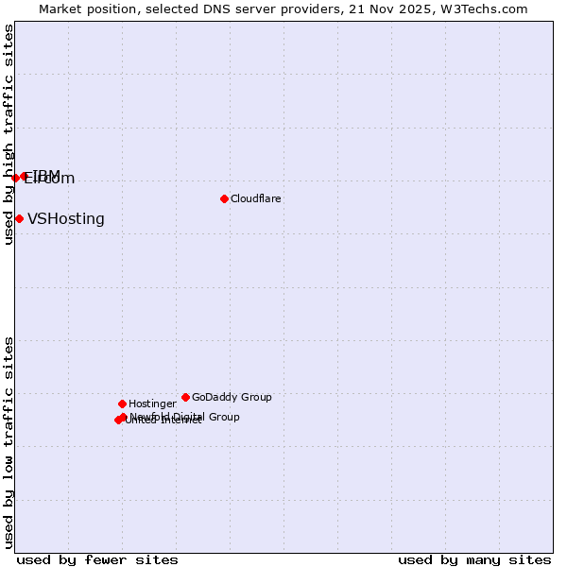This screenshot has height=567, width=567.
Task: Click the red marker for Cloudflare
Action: pyautogui.click(x=224, y=198)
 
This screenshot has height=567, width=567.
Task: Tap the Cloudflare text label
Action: pyautogui.click(x=256, y=198)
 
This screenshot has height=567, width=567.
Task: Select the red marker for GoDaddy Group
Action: pyautogui.click(x=185, y=397)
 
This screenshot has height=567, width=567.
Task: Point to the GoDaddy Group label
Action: pyautogui.click(x=232, y=397)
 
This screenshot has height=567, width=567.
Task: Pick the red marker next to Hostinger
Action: pyautogui.click(x=122, y=404)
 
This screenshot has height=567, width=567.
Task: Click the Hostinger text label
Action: pyautogui.click(x=152, y=404)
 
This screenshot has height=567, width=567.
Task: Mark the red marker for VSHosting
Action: pyautogui.click(x=19, y=219)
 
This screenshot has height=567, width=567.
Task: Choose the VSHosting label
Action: pyautogui.click(x=66, y=219)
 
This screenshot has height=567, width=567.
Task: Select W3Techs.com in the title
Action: pyautogui.click(x=483, y=9)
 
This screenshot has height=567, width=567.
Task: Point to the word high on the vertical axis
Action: pyautogui.click(x=9, y=151)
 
